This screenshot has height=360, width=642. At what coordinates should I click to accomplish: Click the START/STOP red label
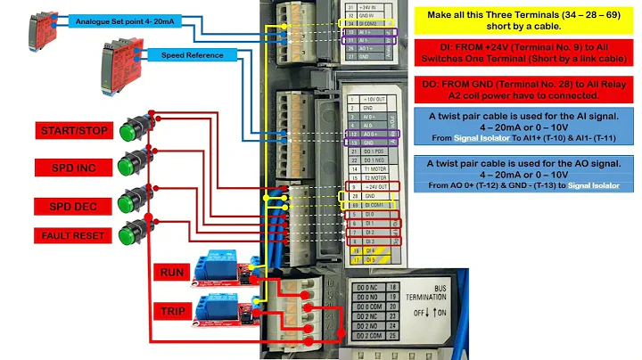[x=76, y=132]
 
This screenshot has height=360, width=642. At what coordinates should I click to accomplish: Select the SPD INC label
[x=76, y=167]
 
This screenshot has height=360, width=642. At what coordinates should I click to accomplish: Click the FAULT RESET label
[x=76, y=236]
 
